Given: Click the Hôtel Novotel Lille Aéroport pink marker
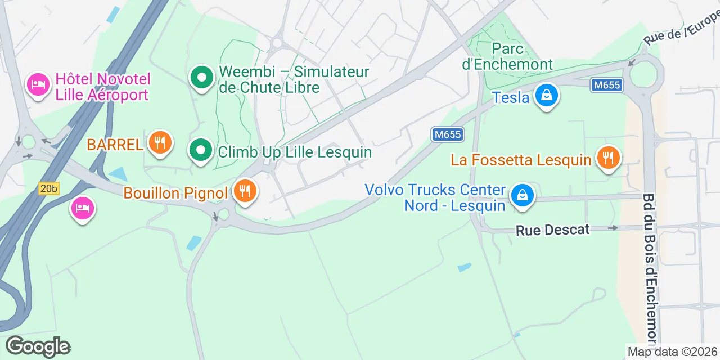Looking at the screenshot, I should click(x=38, y=85).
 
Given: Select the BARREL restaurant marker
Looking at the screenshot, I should click(x=160, y=142).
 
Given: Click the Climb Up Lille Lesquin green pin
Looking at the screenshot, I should click(x=201, y=150).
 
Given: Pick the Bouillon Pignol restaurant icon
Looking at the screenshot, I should click(x=245, y=191).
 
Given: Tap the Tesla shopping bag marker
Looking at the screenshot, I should click(x=546, y=96).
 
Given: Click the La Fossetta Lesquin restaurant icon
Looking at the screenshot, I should click(x=607, y=158).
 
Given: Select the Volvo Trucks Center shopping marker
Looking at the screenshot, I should click(x=523, y=196).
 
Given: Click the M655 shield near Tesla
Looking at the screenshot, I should click(x=607, y=85).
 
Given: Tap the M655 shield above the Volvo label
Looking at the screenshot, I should click(x=448, y=134).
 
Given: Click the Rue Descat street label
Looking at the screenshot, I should click(x=553, y=229).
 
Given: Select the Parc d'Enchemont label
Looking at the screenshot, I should click(x=507, y=56).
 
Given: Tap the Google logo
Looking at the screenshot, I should click(x=38, y=346).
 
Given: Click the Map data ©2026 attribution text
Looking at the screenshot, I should click(x=673, y=352).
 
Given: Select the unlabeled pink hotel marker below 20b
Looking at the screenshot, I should click(x=83, y=209).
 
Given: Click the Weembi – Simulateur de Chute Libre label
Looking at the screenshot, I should click(x=294, y=79).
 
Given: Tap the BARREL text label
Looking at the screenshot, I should click(x=115, y=145).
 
